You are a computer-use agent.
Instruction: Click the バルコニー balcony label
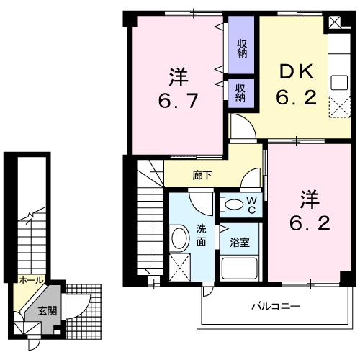[276, 305]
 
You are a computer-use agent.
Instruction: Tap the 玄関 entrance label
[45, 310]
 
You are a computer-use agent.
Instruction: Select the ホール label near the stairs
[30, 279]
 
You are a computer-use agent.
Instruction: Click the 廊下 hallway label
[202, 174]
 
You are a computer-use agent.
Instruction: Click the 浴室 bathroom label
[240, 242]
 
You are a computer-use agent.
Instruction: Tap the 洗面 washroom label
[202, 236]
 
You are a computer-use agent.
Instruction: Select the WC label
[251, 204]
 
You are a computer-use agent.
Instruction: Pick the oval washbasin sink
[179, 238]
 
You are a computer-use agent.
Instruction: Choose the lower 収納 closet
[241, 92]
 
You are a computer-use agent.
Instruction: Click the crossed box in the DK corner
[336, 22]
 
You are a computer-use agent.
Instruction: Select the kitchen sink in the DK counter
[338, 82]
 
